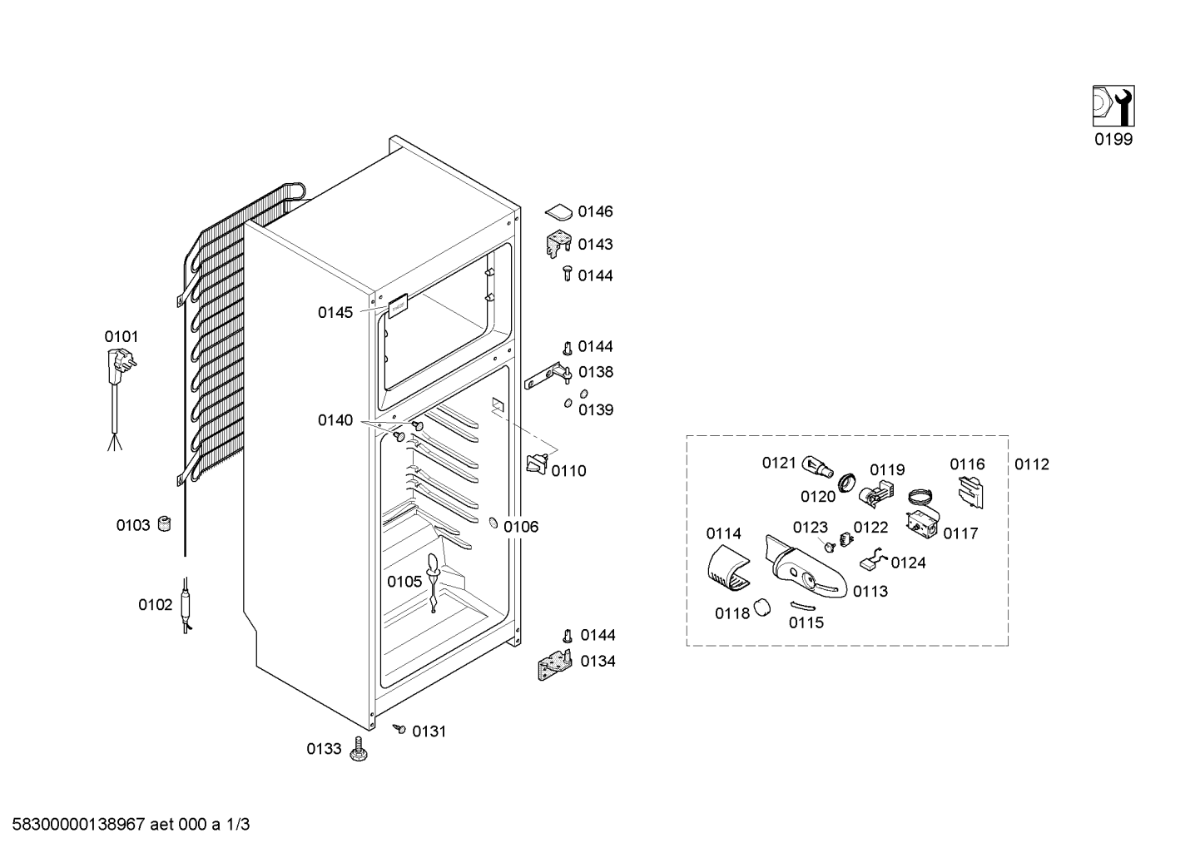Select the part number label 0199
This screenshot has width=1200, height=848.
[x=1113, y=139]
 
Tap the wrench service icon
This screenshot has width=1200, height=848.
[x=1113, y=106]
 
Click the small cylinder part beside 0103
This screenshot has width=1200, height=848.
[x=165, y=523]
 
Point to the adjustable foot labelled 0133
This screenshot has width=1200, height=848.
[x=359, y=748]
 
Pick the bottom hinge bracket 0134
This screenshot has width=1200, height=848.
[x=555, y=665]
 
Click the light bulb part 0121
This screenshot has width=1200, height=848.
[x=818, y=464]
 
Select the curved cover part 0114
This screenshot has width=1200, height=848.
[x=728, y=569]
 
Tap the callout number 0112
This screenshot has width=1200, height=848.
[x=1032, y=464]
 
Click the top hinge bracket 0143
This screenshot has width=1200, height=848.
[x=558, y=244]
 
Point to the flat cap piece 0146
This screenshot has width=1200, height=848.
[x=558, y=211]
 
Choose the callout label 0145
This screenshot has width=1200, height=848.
[x=335, y=312]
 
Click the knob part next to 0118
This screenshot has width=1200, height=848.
[x=761, y=608]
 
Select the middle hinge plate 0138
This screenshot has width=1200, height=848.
[x=548, y=375]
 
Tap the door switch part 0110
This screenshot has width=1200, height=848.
[x=538, y=464]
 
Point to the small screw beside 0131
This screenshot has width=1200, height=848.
[x=399, y=728]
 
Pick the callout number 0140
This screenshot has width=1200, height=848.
[x=335, y=420]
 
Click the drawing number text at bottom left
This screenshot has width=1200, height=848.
[x=131, y=825]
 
